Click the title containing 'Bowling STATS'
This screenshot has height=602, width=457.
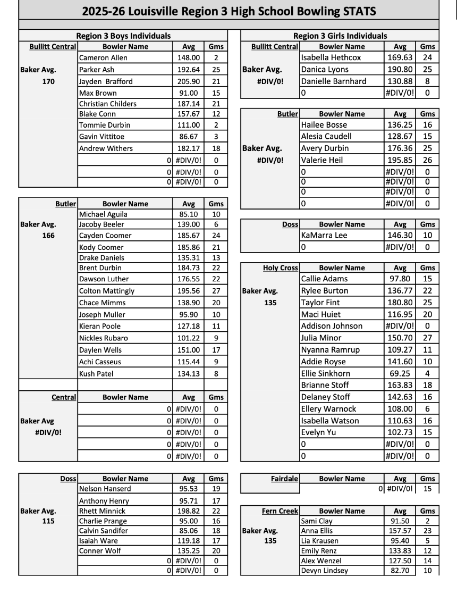(228, 11)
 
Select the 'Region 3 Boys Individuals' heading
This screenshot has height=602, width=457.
(123, 36)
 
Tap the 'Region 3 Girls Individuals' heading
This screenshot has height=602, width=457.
(340, 36)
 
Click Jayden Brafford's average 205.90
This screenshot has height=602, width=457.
(189, 81)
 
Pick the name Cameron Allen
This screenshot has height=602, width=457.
(103, 57)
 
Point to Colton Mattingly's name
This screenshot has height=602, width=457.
(107, 291)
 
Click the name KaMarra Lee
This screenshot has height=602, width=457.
(324, 235)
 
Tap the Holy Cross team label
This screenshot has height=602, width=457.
(281, 268)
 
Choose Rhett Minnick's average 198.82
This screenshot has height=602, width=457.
(189, 511)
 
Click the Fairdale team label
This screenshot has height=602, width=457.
(284, 479)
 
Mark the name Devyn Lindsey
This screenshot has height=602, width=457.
(324, 571)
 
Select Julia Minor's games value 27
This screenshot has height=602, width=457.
(427, 338)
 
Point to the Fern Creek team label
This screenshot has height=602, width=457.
(280, 511)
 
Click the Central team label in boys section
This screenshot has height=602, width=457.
(64, 397)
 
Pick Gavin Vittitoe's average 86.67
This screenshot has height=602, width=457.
(189, 137)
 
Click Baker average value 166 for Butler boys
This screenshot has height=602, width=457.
(48, 236)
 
